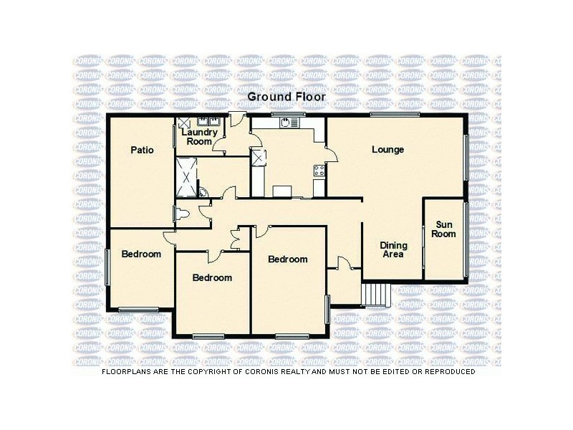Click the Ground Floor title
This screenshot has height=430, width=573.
click(x=286, y=96)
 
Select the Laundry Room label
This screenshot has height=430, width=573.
click(x=198, y=137)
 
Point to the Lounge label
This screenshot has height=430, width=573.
click(x=387, y=150)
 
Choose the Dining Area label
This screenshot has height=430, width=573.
click(x=393, y=249)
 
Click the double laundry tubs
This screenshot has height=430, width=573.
click(x=208, y=121)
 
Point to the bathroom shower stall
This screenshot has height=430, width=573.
click(x=188, y=176)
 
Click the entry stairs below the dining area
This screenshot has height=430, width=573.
click(x=376, y=294)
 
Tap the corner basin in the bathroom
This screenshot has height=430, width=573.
click(x=203, y=192)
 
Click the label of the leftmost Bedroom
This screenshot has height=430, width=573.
click(x=140, y=254)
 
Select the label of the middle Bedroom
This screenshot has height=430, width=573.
click(x=212, y=277)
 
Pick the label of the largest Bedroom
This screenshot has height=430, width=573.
click(x=288, y=259)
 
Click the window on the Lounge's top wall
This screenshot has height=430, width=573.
click(x=395, y=115)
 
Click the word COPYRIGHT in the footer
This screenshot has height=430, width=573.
click(x=241, y=372)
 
